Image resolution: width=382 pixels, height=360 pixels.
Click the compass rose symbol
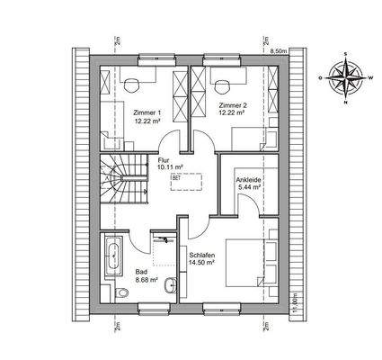pos(347,77)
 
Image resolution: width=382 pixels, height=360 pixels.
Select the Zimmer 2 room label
pos(234,106)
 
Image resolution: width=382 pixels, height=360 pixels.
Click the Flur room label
pos(164,159)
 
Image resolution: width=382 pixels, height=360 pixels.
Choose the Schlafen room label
pos(201,256)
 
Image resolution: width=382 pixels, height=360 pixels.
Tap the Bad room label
pos(142,271)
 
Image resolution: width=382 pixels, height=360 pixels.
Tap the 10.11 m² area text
pos(169,168)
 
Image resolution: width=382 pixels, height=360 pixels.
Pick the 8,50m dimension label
pos(280,50)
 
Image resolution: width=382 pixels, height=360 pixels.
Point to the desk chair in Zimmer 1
pos(132,81)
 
